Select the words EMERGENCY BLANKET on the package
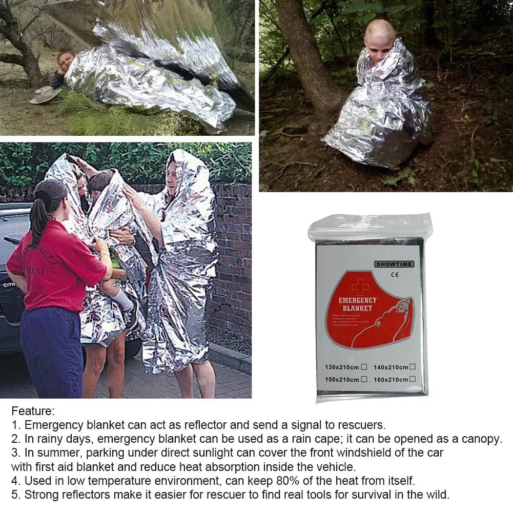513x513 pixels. click(x=357, y=304)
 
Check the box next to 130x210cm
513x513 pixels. click(x=364, y=366)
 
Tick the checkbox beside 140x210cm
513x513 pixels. click(x=412, y=366)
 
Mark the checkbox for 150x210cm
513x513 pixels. click(x=364, y=379)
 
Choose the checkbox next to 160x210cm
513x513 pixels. click(x=412, y=379)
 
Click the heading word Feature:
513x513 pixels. click(x=33, y=411)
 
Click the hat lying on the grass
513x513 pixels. click(x=45, y=94)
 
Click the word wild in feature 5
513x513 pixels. click(x=439, y=495)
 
